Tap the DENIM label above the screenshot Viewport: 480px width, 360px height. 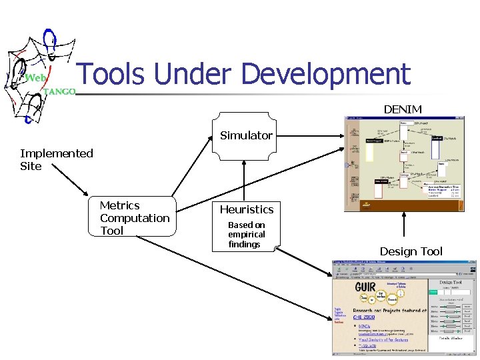[x=403, y=109]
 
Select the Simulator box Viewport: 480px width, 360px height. [x=246, y=136]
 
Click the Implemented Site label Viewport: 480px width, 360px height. [x=56, y=159]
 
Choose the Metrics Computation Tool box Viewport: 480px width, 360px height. [x=133, y=218]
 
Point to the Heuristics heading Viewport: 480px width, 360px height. [x=247, y=209]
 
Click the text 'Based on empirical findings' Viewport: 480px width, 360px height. [x=246, y=235]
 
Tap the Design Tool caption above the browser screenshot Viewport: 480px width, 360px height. [x=411, y=251]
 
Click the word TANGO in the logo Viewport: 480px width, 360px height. [x=59, y=91]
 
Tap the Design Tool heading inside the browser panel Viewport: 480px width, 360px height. [x=451, y=283]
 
